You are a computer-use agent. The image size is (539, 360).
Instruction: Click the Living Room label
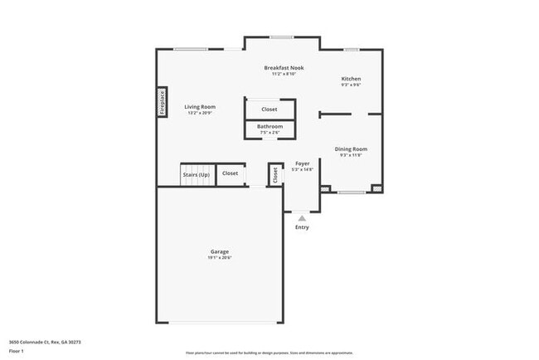[x=200, y=107]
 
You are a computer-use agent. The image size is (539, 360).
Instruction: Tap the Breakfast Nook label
[x=284, y=67]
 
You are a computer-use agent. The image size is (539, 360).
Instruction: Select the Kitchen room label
[x=351, y=79]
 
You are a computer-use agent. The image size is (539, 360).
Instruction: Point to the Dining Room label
[x=351, y=149]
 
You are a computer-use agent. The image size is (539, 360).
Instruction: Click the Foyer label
[x=303, y=163]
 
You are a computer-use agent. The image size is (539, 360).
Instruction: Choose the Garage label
[x=219, y=251]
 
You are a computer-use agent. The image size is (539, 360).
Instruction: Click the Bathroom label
[x=269, y=126]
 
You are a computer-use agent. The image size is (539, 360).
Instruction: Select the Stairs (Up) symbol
[x=196, y=174]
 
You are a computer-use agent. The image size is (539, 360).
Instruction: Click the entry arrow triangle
[x=302, y=218]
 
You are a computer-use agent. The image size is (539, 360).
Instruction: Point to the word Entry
[x=302, y=227]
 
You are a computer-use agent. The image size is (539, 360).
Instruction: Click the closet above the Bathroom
[x=269, y=109]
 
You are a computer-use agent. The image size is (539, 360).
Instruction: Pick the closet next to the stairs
[x=230, y=173]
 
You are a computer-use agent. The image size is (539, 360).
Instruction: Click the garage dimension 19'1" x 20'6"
[x=219, y=258]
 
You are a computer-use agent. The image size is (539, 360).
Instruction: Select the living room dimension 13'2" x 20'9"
[x=200, y=113]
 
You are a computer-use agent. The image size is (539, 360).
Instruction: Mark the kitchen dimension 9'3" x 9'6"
[x=351, y=85]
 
